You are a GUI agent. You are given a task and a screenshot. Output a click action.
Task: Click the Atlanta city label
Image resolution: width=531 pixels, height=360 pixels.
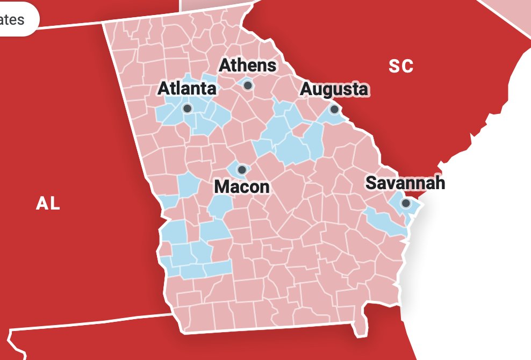tap(186, 89)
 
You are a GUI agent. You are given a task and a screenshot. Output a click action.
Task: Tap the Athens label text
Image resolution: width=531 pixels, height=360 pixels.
tap(248, 66)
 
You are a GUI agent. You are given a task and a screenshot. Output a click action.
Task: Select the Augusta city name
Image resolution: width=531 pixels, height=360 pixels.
tap(334, 89)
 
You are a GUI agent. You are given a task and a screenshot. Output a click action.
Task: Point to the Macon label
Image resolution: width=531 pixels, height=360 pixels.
tap(241, 187)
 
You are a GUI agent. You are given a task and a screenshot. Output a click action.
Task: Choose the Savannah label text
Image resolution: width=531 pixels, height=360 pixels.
tap(405, 183)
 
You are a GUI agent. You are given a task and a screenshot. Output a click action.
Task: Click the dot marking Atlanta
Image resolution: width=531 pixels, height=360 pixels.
tap(188, 109)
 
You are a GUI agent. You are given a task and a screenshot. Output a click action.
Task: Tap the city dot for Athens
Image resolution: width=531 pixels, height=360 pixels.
tap(248, 85)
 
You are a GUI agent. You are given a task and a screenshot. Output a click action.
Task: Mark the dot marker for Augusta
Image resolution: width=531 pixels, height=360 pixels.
tap(334, 109)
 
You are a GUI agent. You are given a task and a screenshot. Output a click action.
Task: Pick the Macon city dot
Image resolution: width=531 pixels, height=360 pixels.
tap(242, 170)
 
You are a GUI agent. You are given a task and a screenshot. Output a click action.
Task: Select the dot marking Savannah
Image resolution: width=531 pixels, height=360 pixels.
tap(406, 203)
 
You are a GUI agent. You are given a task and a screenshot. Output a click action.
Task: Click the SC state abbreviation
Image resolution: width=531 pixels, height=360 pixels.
tap(401, 66)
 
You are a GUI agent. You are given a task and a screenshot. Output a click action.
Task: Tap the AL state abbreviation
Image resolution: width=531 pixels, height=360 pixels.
tap(48, 204)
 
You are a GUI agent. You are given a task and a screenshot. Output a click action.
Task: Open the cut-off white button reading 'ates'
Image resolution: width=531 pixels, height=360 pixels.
tap(16, 20)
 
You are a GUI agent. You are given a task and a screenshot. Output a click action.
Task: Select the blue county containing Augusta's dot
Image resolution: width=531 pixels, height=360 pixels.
tap(328, 114)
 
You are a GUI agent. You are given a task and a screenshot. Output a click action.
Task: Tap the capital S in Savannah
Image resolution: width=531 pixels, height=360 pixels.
tap(370, 183)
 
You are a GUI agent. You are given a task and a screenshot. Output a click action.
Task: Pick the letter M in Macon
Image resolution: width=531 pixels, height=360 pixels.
tap(221, 187)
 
